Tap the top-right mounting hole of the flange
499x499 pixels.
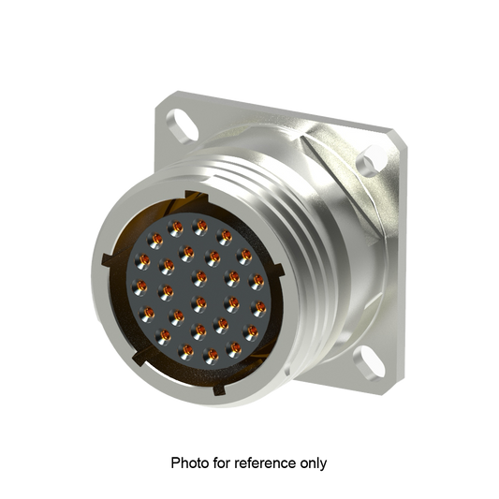pyautogui.click(x=377, y=162)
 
